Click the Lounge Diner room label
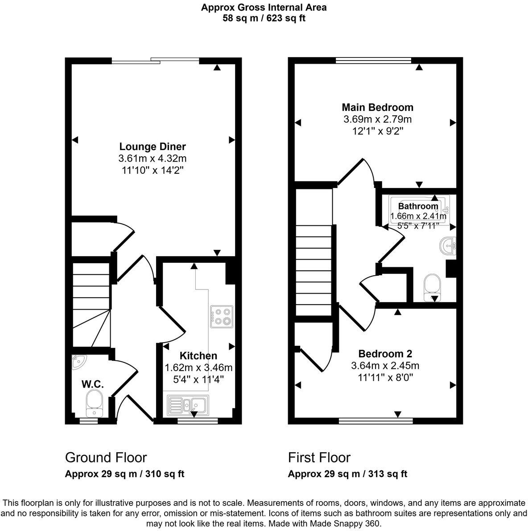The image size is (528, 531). click(x=152, y=147)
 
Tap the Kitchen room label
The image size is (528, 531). click(x=198, y=356)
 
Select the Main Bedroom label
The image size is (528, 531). click(x=377, y=107)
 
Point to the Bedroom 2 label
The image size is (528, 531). click(x=385, y=354)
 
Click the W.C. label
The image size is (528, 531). click(x=92, y=384)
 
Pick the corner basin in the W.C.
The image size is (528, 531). click(x=78, y=362)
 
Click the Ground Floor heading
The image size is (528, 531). click(x=106, y=457)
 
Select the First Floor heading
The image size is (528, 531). click(x=319, y=457)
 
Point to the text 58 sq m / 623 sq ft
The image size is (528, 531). click(x=264, y=18)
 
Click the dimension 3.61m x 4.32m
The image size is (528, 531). click(x=152, y=158)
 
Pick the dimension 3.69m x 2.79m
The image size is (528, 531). click(x=377, y=119)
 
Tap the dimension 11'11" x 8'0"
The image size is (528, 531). click(x=385, y=378)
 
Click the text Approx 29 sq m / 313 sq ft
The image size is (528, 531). click(x=347, y=474)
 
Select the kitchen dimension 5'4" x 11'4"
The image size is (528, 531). click(x=198, y=380)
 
